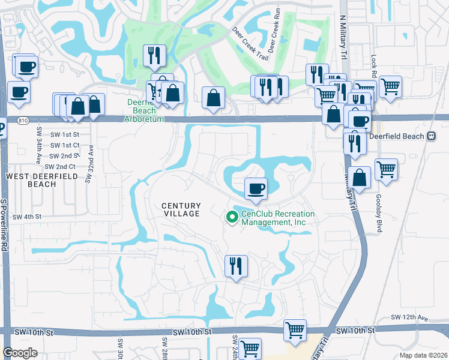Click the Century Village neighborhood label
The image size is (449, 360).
[x=181, y=210]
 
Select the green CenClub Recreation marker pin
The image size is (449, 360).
[x=231, y=217]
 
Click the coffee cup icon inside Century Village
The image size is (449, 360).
[x=256, y=188]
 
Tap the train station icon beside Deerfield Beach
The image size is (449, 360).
[x=431, y=136]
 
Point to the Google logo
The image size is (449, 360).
[x=20, y=353]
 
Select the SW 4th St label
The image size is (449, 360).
[x=26, y=217]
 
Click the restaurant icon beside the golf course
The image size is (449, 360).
[x=154, y=56]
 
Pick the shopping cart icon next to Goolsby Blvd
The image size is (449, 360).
[x=387, y=169]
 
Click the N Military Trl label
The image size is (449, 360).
[x=343, y=36]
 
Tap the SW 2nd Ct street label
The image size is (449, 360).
[x=60, y=166]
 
